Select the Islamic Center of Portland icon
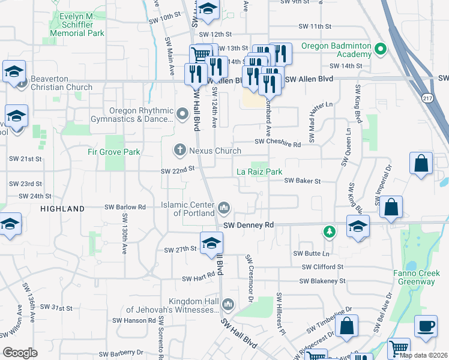pyautogui.click(x=224, y=208)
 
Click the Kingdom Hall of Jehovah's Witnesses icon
pyautogui.click(x=228, y=305)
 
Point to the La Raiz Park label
pyautogui.click(x=259, y=172)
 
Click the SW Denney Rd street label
pyautogui.click(x=249, y=225)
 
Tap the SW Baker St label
pyautogui.click(x=303, y=181)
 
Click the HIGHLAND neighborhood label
pyautogui.click(x=62, y=209)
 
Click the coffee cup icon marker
pyautogui.click(x=426, y=326)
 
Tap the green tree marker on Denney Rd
pyautogui.click(x=329, y=230)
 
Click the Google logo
pyautogui.click(x=20, y=353)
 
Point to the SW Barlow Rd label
pyautogui.click(x=125, y=207)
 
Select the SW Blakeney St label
pyautogui.click(x=323, y=281)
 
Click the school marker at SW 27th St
pyautogui.click(x=211, y=244)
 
